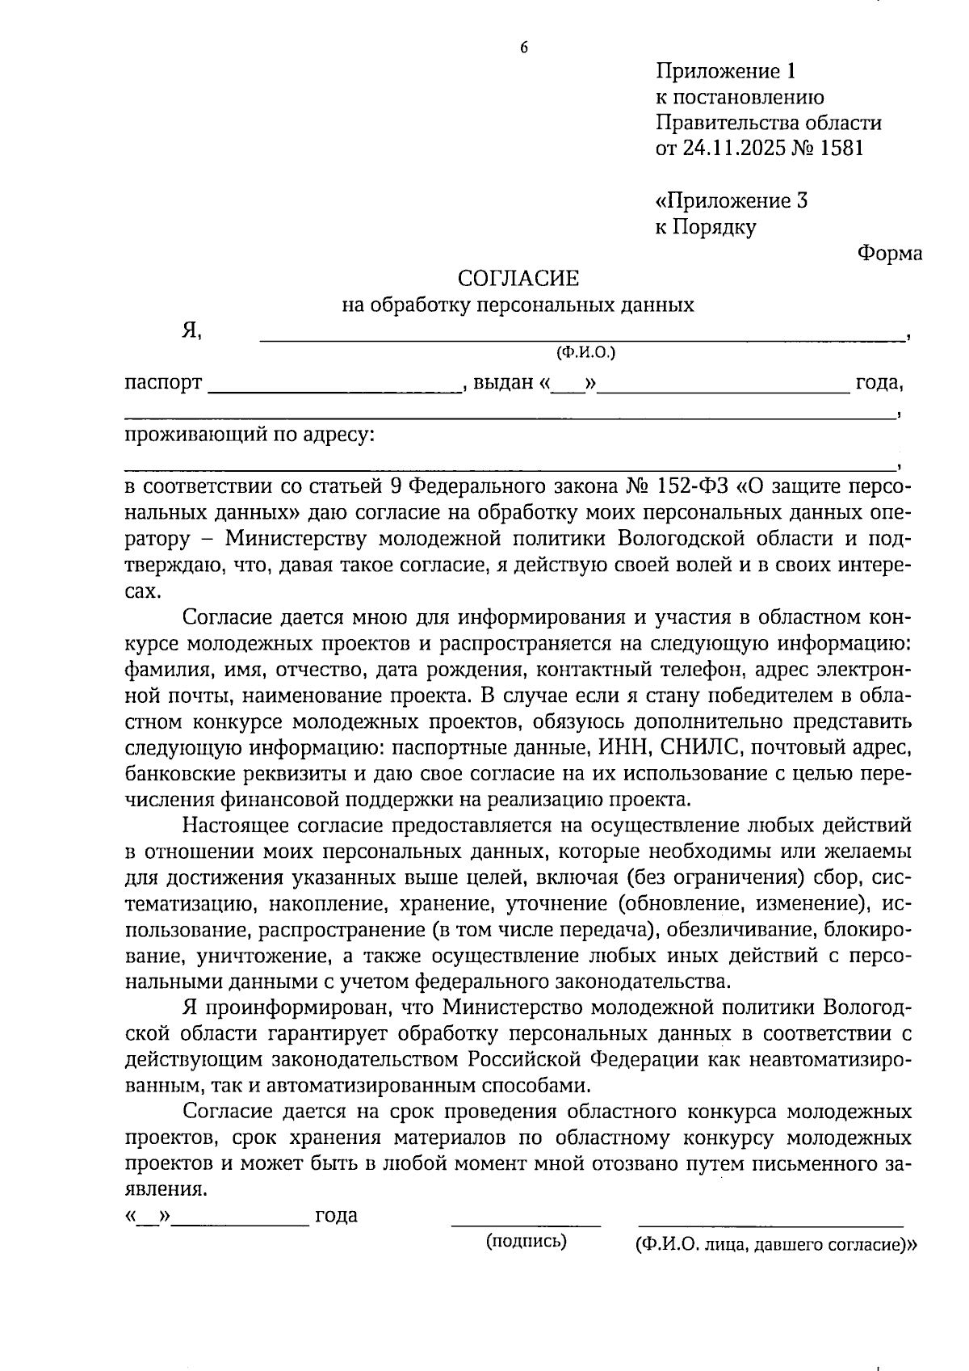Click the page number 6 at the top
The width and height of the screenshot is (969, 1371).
click(x=523, y=48)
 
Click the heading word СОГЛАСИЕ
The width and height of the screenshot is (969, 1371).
click(x=518, y=279)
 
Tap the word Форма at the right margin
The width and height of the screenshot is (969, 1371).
click(x=889, y=254)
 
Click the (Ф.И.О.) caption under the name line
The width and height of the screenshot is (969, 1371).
click(x=585, y=352)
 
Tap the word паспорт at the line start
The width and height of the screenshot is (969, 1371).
click(x=163, y=383)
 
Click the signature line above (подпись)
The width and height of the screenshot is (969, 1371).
click(x=526, y=1226)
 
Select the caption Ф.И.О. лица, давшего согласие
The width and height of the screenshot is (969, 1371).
click(x=773, y=1245)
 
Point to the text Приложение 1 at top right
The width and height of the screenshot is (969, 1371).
click(x=725, y=71)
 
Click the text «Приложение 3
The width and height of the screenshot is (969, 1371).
click(x=731, y=200)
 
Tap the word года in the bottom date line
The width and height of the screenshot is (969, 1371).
click(x=336, y=1215)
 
